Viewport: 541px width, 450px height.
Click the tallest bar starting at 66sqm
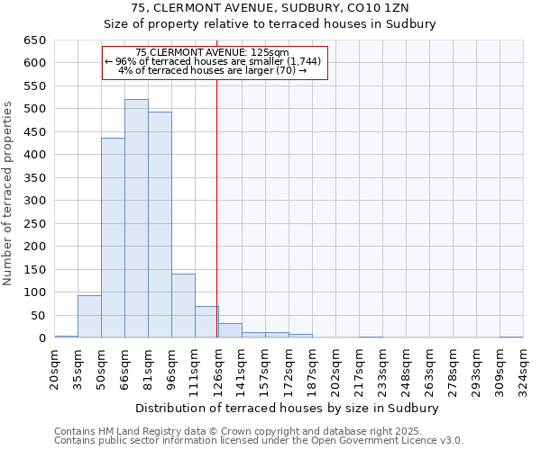click(136, 219)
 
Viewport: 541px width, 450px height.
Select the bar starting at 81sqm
click(160, 225)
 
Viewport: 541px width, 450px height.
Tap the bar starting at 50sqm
click(113, 238)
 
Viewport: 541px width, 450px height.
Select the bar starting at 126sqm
click(230, 330)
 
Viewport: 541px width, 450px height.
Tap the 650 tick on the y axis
click(33, 40)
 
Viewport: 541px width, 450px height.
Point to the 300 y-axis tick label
click(33, 201)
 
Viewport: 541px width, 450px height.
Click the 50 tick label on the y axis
click(37, 316)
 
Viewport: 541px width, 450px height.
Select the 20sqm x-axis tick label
click(55, 367)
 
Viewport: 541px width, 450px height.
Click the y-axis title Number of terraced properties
click(8, 193)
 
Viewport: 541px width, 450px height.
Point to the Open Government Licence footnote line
click(259, 441)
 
